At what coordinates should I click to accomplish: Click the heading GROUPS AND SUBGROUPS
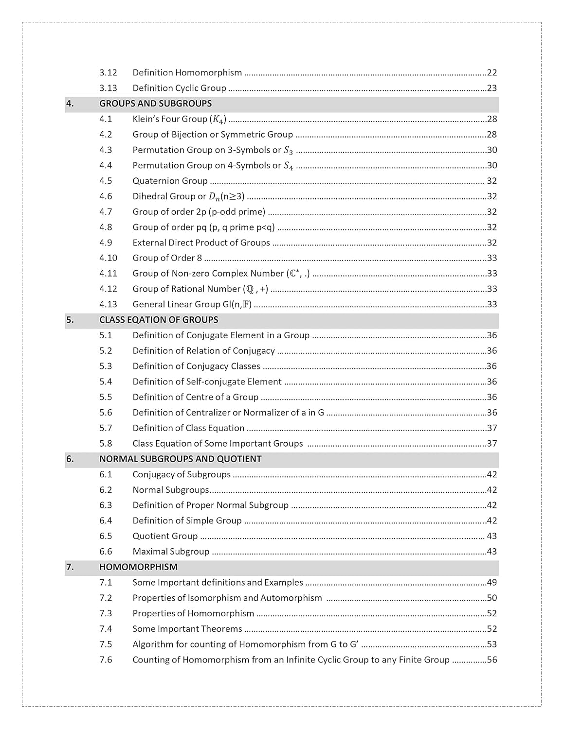pos(155,104)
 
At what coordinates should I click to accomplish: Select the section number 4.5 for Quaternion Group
pos(106,181)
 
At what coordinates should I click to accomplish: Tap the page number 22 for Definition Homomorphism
pos(492,72)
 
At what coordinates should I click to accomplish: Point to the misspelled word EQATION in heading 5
pos(146,320)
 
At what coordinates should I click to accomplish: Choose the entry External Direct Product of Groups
pos(201,243)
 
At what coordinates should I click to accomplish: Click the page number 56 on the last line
pos(492,660)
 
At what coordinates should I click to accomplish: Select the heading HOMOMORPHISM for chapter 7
pos(138,567)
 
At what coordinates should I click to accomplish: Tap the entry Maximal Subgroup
pos(171,551)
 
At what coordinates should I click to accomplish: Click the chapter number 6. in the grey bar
pos(70,459)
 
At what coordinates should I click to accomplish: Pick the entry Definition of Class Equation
pos(188,428)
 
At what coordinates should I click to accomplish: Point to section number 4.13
pos(108,304)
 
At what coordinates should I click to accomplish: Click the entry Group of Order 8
pos(167,258)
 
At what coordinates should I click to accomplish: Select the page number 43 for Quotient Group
pos(492,536)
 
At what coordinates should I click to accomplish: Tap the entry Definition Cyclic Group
pos(179,88)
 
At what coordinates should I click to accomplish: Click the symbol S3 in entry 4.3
pos(289,150)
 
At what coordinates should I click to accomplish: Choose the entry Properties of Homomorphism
pos(193,613)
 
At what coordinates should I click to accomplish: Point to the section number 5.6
pos(106,413)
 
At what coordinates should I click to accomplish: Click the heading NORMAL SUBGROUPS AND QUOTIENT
pos(180,459)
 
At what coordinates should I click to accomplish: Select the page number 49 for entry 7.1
pos(492,582)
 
